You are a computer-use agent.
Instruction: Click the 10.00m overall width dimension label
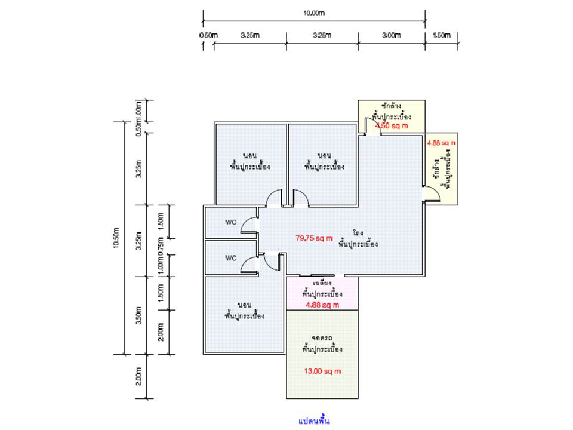[314, 13]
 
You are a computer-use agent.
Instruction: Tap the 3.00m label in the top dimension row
[391, 35]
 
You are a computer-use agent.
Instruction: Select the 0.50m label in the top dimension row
[208, 35]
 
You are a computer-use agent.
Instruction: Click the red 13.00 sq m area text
[322, 371]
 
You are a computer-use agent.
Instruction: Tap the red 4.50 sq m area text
[391, 126]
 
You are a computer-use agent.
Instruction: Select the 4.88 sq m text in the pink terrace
[322, 305]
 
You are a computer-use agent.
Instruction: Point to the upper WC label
[231, 222]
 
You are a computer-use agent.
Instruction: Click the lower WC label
[231, 258]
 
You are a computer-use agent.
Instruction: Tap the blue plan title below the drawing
[315, 420]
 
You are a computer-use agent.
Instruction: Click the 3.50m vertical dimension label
[138, 315]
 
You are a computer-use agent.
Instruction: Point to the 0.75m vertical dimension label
[159, 246]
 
